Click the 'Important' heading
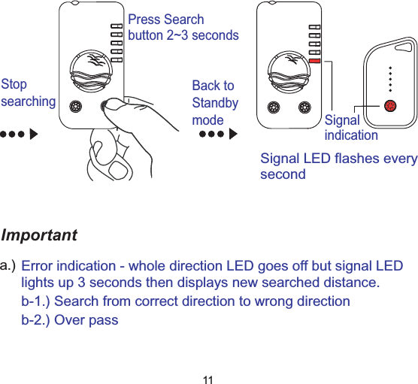(39, 235)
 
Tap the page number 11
(209, 377)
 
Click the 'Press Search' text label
(166, 20)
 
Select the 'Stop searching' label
(29, 92)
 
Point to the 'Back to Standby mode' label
(215, 103)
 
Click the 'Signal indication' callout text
(350, 128)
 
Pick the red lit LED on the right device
(314, 61)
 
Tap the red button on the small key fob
(389, 105)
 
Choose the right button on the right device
(304, 105)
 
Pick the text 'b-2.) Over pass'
(69, 320)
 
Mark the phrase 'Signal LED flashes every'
(338, 159)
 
